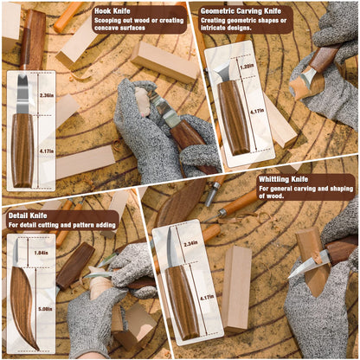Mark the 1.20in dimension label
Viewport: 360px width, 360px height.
(x=246, y=65)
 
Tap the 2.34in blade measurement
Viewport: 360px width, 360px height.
(x=191, y=242)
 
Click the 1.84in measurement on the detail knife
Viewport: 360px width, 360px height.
(x=42, y=252)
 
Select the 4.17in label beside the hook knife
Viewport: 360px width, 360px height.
(x=45, y=152)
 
